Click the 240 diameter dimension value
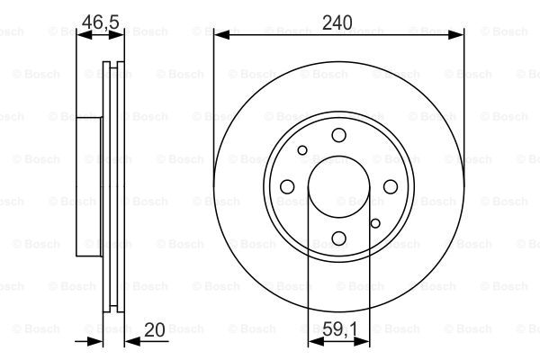[x=337, y=22]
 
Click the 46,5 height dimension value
[x=101, y=22]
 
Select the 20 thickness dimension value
[x=155, y=329]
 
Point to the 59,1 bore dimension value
[x=340, y=329]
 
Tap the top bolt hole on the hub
[x=339, y=135]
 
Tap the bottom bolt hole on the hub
[x=339, y=238]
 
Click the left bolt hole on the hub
[x=287, y=186]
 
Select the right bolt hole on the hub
[x=391, y=186]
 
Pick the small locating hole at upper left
[x=302, y=150]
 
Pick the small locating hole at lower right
[x=375, y=223]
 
